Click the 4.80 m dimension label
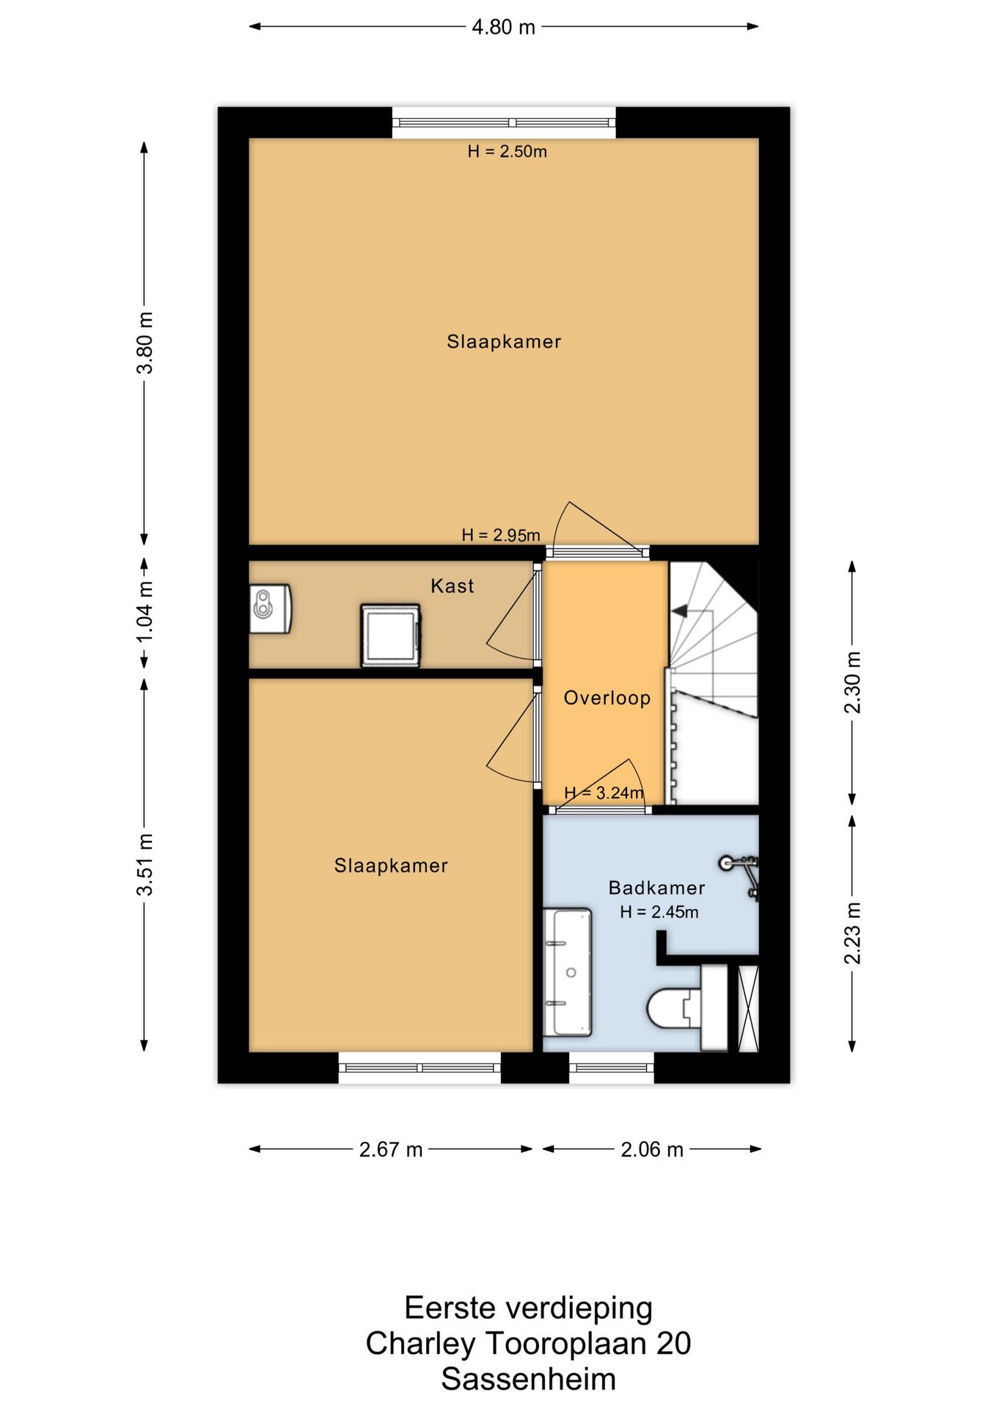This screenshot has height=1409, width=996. tap(503, 27)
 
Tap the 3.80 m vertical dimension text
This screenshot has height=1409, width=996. tap(145, 343)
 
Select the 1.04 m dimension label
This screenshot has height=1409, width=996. tap(145, 611)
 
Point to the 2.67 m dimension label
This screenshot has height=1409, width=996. tap(391, 1149)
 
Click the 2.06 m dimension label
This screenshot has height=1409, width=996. tap(652, 1149)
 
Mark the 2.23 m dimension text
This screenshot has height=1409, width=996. tap(852, 933)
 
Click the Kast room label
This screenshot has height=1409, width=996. tap(452, 586)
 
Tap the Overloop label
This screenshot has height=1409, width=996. tap(607, 698)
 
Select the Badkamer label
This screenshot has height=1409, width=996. tap(656, 888)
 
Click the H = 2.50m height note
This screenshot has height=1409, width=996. tap(508, 152)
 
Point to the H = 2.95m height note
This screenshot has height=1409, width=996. tap(501, 535)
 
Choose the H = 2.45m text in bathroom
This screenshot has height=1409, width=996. tap(659, 912)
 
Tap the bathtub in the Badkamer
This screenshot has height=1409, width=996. tap(567, 972)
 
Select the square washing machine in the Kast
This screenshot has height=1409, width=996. tap(391, 636)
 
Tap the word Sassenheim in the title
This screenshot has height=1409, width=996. tap(528, 1378)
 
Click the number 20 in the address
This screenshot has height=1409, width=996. tap(673, 1343)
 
